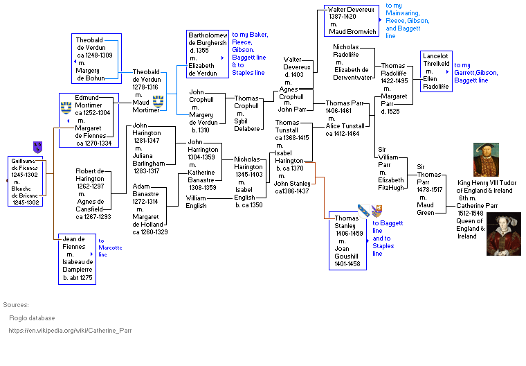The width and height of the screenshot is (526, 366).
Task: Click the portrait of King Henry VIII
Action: point(486,160)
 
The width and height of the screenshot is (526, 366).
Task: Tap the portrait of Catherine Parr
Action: point(503,234)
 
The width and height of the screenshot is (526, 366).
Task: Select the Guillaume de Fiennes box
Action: point(27,181)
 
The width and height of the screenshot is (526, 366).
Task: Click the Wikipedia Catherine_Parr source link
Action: point(70,331)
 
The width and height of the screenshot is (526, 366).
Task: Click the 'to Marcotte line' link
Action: point(109,247)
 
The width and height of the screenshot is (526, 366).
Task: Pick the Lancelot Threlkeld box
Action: point(435,71)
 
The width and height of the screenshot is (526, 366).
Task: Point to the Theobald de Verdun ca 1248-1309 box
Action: point(96,53)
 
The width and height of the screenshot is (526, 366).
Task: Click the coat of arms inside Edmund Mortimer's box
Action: point(66,107)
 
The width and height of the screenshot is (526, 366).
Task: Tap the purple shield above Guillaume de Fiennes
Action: point(37,147)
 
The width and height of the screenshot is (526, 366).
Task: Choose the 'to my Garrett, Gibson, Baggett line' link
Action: point(476,73)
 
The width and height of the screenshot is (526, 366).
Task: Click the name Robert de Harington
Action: point(90,175)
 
